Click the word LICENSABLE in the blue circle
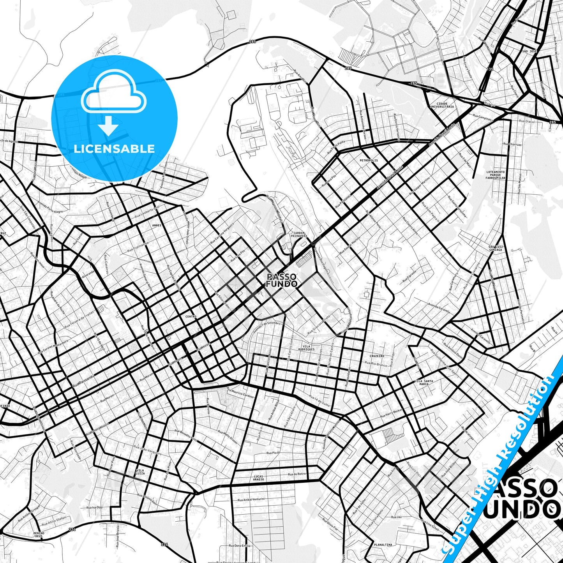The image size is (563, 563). coord(114,149)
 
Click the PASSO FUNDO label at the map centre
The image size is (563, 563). coord(282,280)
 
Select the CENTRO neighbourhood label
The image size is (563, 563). coord(191,317)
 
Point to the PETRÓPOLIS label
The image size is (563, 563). coord(368,160)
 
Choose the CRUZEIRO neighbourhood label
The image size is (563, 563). coord(377,356)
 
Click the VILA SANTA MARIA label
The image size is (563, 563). coord(424,382)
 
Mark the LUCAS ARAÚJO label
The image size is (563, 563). coord(258,478)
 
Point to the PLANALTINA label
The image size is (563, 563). coord(383,545)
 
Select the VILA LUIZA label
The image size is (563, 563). coord(140,472)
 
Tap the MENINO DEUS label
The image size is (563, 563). coord(39,535)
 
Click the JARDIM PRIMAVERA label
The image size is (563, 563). coord(299,235)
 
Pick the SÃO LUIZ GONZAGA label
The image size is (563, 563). coord(495,248)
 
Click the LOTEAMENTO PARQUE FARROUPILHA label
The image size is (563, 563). coord(496,175)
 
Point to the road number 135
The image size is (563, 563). coord(490,69)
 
